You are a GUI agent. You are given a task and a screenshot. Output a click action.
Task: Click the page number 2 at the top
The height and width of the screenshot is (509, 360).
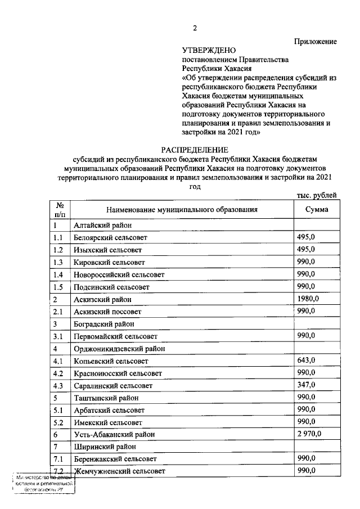(195, 29)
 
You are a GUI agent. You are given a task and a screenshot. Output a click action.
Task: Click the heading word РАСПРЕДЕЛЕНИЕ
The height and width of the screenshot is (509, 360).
(195, 150)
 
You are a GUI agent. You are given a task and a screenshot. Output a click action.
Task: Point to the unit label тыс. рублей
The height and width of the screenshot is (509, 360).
(316, 195)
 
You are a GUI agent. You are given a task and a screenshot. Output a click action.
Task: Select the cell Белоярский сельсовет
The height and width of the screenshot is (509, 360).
(110, 237)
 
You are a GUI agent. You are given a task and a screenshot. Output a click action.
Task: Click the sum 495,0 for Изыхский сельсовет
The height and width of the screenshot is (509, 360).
(306, 249)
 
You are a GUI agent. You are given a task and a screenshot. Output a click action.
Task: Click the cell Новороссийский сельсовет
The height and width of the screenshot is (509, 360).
(119, 274)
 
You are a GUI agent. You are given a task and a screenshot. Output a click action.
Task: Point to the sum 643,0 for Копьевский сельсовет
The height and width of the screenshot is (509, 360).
(306, 360)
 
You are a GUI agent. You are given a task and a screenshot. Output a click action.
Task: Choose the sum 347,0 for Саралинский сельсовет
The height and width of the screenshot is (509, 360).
(306, 385)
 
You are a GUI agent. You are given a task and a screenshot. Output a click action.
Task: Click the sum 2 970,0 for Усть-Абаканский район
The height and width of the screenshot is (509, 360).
(309, 434)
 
